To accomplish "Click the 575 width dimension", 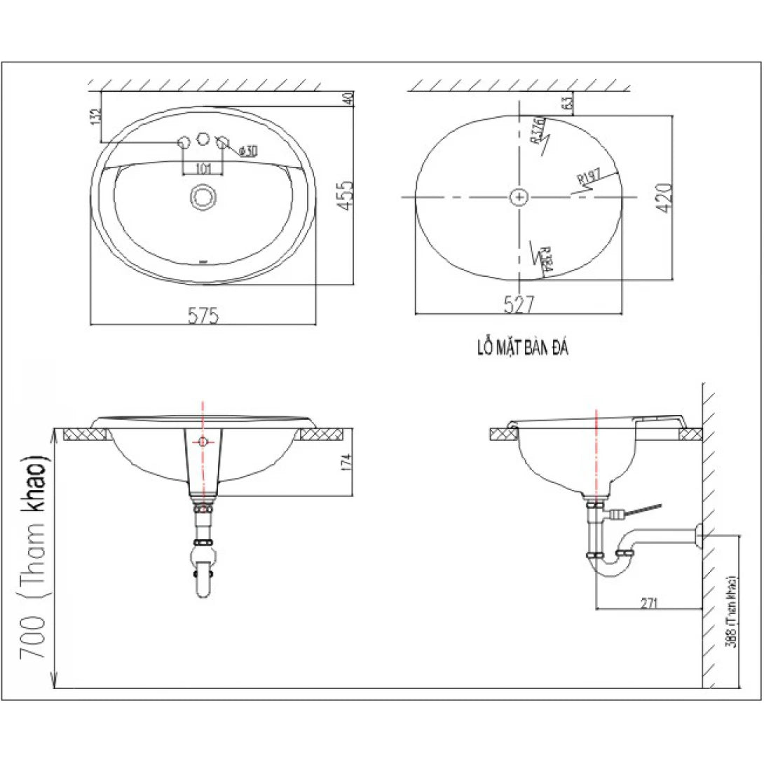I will pos(203,316).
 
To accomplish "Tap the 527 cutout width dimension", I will pos(519,303).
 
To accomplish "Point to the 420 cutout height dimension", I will pos(665,197).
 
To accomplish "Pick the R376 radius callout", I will pos(538,130).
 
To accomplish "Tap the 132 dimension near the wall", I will pos(95,115).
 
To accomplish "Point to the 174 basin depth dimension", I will pos(345,463).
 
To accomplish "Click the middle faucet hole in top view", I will pos(203,138).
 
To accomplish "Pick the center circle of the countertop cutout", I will pos(519,198).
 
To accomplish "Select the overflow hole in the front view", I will pos(203,442).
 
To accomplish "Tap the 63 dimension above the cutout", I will pos(567,104).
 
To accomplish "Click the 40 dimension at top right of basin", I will pos(346,100).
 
